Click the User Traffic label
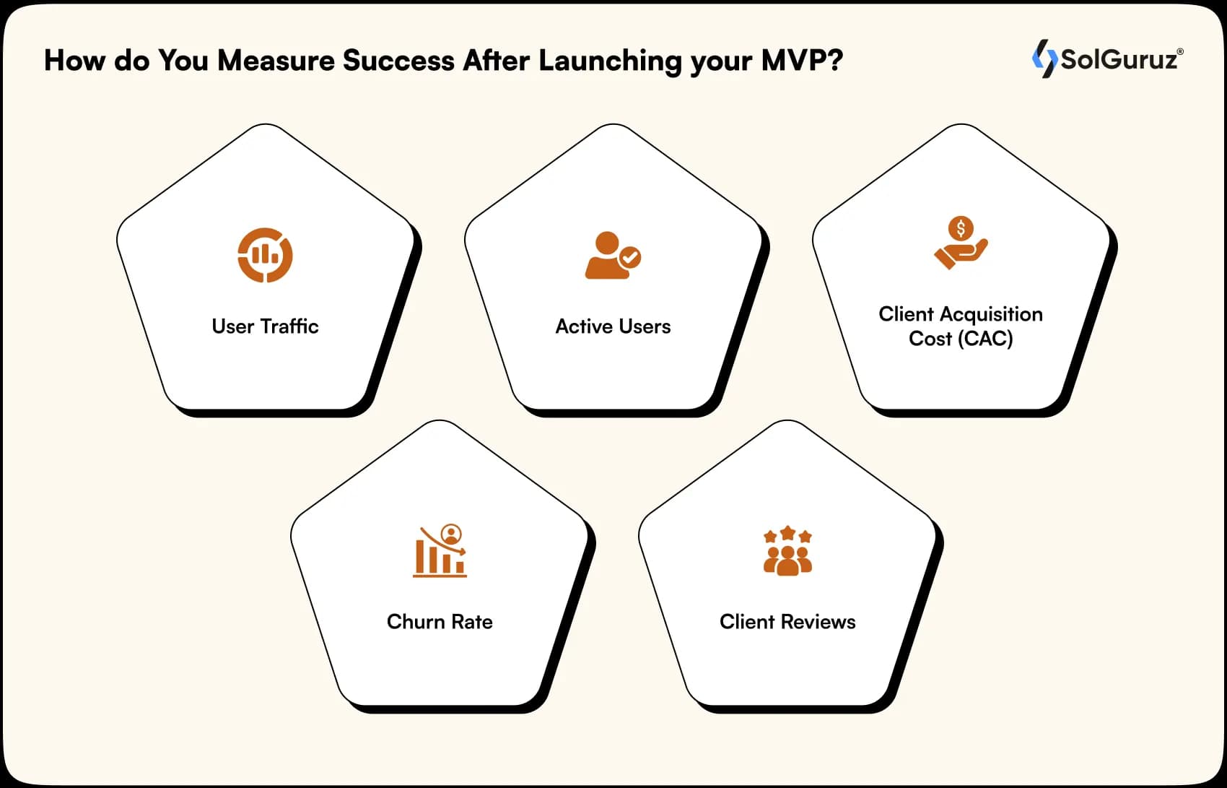pyautogui.click(x=265, y=326)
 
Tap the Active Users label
pyautogui.click(x=613, y=326)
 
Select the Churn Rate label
pyautogui.click(x=440, y=622)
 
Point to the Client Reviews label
pyautogui.click(x=787, y=622)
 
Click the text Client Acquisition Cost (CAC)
pyautogui.click(x=961, y=326)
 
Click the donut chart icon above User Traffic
pyautogui.click(x=265, y=255)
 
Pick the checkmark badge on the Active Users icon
pyautogui.click(x=630, y=257)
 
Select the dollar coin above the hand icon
pyautogui.click(x=961, y=228)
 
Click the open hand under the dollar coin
pyautogui.click(x=961, y=254)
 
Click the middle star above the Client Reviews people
pyautogui.click(x=787, y=533)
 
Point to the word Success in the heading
pyautogui.click(x=398, y=61)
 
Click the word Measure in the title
pyautogui.click(x=276, y=61)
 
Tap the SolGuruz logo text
pyautogui.click(x=1119, y=59)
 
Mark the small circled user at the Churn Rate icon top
pyautogui.click(x=451, y=534)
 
